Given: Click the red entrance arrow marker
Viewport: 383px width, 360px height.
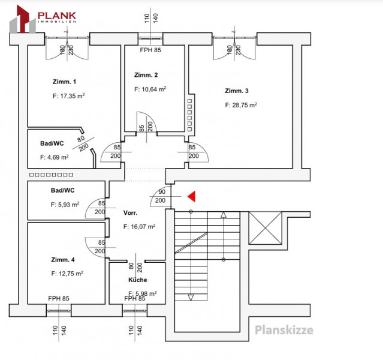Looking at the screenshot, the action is click(x=192, y=197).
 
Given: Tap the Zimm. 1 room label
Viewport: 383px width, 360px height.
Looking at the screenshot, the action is click(x=65, y=82).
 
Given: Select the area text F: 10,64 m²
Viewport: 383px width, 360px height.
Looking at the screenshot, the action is click(x=150, y=89).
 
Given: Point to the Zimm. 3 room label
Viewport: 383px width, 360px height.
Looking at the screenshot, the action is click(x=237, y=91).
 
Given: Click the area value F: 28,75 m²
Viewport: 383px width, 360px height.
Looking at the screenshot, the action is click(x=241, y=105).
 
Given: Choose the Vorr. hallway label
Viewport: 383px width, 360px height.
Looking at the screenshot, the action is click(x=131, y=213).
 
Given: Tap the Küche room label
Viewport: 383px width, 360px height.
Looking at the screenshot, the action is click(x=138, y=280).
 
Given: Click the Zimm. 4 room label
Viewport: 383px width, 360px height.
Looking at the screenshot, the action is click(x=63, y=260).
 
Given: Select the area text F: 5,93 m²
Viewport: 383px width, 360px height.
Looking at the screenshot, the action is click(x=65, y=205).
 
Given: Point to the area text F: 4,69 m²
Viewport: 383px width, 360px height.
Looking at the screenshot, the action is click(x=54, y=157).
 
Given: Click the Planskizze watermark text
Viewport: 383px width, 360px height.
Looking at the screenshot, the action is click(x=284, y=331).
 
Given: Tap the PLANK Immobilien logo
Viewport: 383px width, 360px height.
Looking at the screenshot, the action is click(x=43, y=19).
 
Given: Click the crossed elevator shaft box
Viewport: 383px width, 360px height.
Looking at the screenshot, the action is click(x=266, y=228).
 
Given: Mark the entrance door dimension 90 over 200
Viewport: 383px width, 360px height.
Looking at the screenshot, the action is click(x=161, y=196).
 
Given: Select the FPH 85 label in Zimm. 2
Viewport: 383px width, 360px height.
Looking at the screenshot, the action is click(x=150, y=50).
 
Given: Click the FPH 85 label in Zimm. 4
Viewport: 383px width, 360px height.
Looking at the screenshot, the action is click(x=59, y=298).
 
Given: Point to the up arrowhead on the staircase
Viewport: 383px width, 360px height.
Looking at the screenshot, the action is click(x=224, y=215).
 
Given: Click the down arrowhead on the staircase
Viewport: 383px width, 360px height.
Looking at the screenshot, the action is click(x=191, y=298).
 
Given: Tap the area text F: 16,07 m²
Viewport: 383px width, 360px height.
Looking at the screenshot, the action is click(x=140, y=227).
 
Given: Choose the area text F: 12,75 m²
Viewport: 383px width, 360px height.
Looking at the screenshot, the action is click(x=67, y=274).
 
